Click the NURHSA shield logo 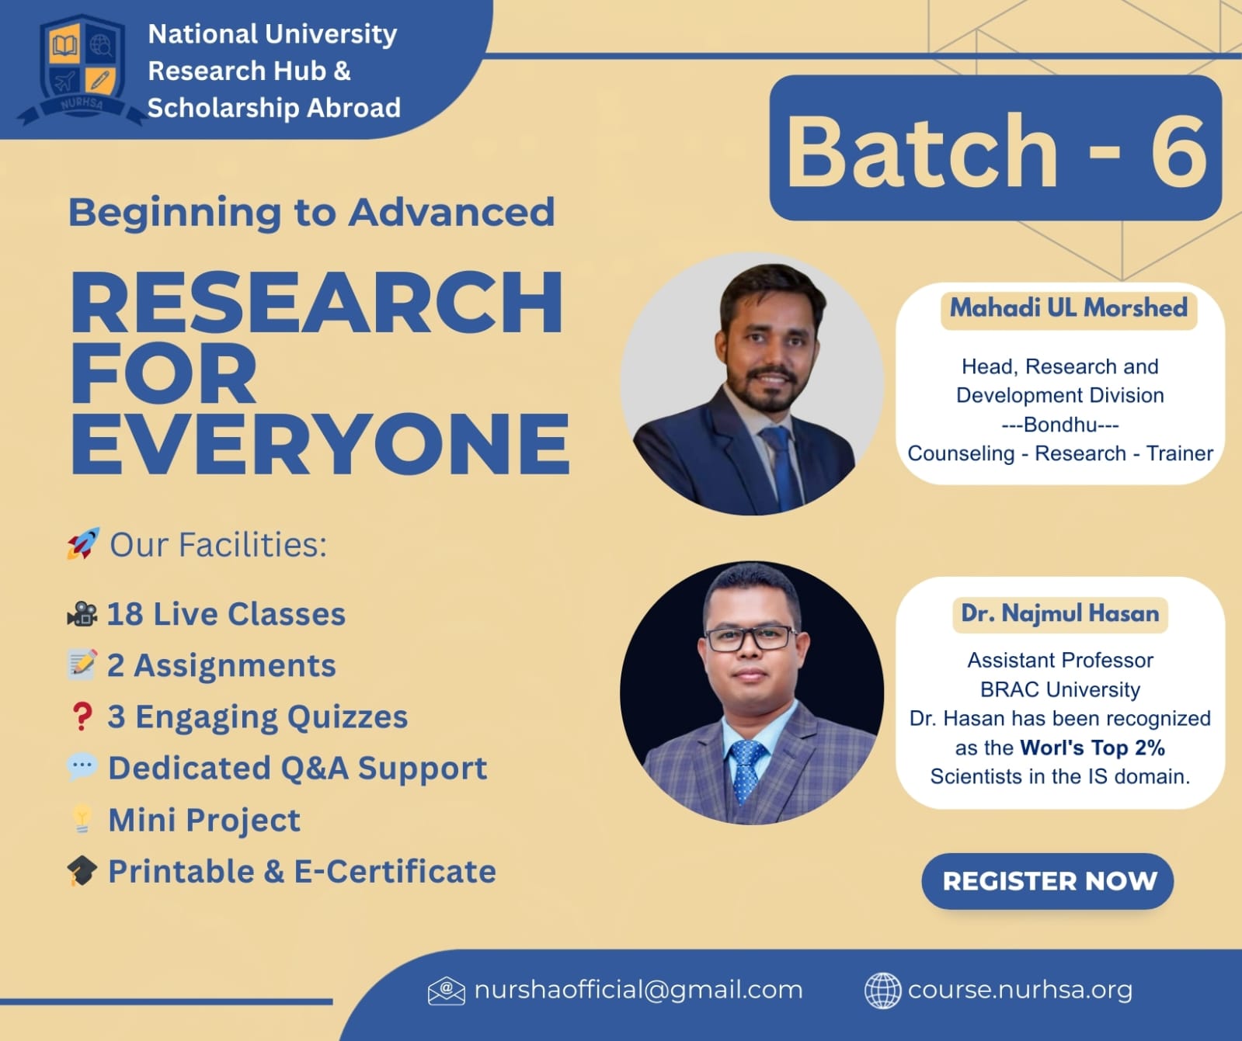81,70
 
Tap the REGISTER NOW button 1047,881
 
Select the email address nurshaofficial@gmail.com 638,990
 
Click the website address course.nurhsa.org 1020,990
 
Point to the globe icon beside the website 883,991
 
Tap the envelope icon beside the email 446,991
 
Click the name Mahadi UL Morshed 1069,308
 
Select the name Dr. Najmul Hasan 1059,613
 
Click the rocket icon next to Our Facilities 83,543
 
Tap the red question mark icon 82,717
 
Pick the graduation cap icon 82,871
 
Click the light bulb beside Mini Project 82,819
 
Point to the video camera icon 82,614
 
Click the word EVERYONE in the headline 320,443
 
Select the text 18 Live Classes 226,614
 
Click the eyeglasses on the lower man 750,639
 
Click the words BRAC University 1060,689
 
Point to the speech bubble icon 82,767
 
